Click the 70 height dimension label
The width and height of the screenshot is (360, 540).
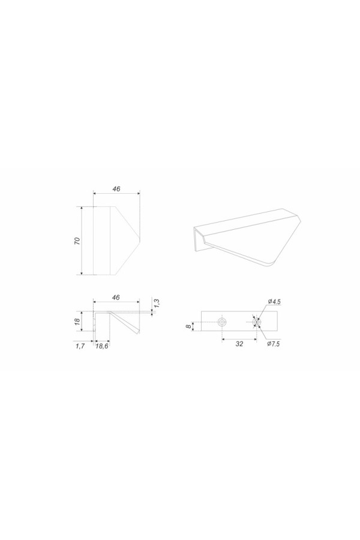tap(77, 241)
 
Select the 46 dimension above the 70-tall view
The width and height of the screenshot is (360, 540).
tap(116, 189)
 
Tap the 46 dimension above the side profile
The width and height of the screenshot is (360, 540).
tap(116, 297)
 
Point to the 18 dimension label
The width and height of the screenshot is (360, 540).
tap(77, 321)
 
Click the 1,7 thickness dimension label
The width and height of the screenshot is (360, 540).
tap(80, 346)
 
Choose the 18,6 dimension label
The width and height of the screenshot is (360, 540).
tap(102, 346)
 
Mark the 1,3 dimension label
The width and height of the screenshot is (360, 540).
tap(157, 303)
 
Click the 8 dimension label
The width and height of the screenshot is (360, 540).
tap(187, 326)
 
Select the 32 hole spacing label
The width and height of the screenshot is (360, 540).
tap(239, 343)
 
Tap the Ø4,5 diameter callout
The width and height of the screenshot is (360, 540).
tap(274, 302)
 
